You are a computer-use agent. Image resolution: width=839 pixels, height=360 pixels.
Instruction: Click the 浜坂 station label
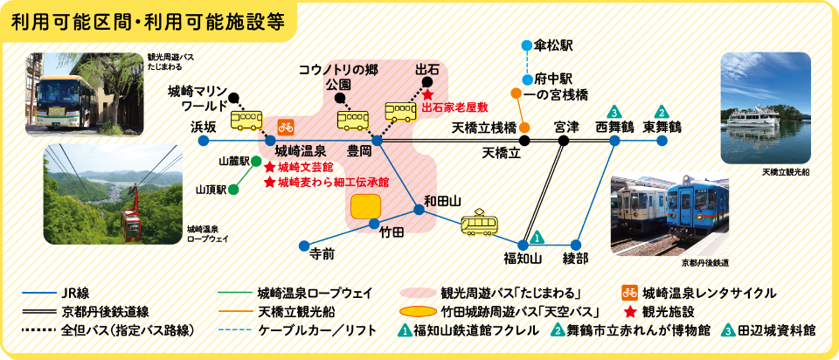click(x=204, y=128)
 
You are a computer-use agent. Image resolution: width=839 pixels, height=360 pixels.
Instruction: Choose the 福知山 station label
click(x=523, y=258)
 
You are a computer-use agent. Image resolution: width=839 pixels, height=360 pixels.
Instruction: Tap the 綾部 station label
click(x=575, y=258)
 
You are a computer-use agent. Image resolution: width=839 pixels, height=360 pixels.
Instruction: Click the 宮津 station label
click(x=566, y=128)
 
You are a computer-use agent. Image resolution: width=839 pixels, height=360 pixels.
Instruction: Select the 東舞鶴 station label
click(x=662, y=128)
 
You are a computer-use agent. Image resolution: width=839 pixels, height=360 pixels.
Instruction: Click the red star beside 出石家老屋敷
click(x=428, y=93)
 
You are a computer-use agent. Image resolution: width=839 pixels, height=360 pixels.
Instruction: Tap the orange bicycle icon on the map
click(x=286, y=126)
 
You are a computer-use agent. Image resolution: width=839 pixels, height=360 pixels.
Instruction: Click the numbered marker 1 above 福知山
click(x=537, y=236)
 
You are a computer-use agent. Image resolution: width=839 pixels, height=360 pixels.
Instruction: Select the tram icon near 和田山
click(x=479, y=224)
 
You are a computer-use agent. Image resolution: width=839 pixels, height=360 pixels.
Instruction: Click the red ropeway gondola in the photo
click(x=132, y=225)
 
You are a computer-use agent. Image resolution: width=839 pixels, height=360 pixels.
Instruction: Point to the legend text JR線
click(x=78, y=293)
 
